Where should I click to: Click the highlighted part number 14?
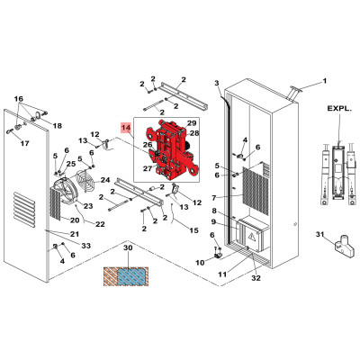(x=126, y=128)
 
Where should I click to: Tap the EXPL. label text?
(x=339, y=109)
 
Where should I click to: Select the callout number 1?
(x=324, y=81)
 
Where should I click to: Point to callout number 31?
(x=320, y=234)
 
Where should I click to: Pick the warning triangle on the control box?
(x=251, y=238)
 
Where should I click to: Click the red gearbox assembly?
(x=172, y=150)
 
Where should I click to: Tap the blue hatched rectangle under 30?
(x=131, y=276)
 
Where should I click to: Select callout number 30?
(x=128, y=248)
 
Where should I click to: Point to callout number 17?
(x=25, y=143)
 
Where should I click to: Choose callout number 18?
(x=57, y=126)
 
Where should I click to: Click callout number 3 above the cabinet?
(x=217, y=84)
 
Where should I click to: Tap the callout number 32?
(x=256, y=278)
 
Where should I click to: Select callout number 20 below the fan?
(x=75, y=220)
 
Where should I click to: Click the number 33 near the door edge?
(x=85, y=246)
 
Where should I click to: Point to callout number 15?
(x=193, y=230)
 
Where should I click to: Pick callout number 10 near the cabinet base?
(x=200, y=263)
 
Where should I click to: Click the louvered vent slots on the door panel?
(x=24, y=209)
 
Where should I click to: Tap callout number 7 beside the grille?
(x=214, y=198)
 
